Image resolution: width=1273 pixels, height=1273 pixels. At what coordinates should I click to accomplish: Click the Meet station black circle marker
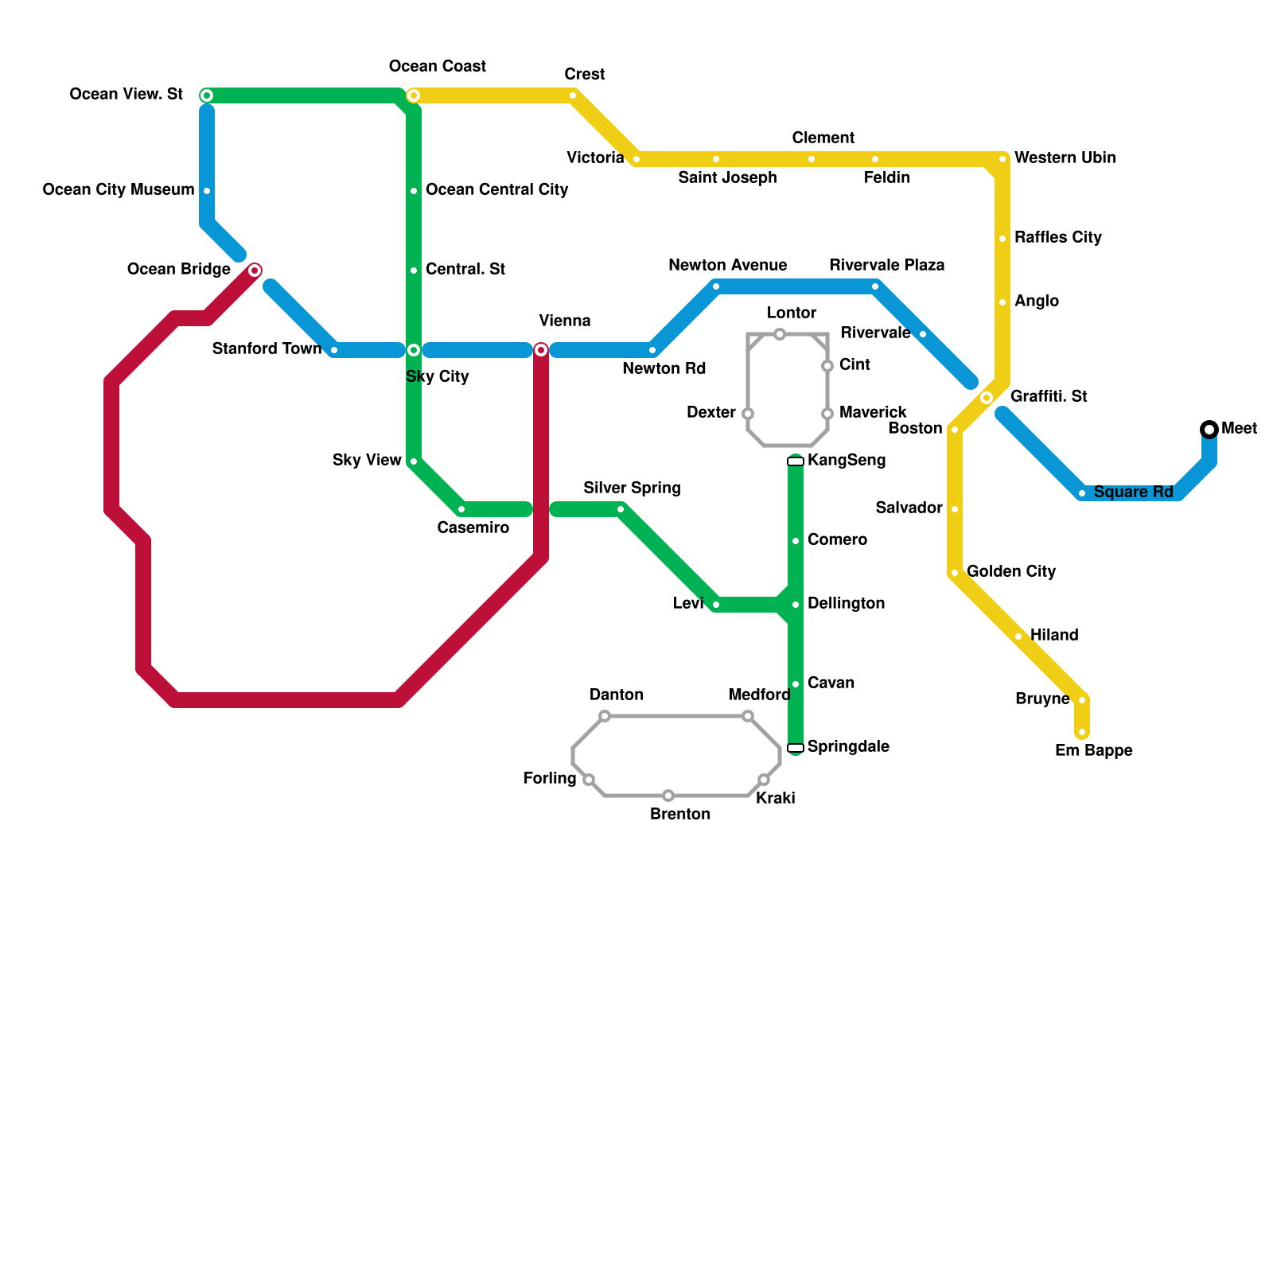(1209, 430)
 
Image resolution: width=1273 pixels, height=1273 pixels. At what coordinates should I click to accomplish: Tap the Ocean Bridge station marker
(255, 271)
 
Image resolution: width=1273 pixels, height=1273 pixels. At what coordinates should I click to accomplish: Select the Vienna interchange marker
(541, 350)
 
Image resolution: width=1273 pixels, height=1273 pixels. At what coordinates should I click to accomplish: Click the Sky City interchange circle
(414, 350)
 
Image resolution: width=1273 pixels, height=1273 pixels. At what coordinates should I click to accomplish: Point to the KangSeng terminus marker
(796, 461)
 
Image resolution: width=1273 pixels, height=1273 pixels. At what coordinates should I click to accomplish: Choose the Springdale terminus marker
(796, 748)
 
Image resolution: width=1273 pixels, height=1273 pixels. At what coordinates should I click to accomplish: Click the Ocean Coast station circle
(414, 95)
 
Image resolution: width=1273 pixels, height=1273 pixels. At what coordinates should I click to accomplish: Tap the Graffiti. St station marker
(987, 398)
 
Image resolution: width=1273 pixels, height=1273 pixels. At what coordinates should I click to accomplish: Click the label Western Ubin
(1065, 158)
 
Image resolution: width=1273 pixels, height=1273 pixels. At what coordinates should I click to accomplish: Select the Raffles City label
(1057, 237)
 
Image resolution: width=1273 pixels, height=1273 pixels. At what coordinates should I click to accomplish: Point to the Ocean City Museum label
(119, 189)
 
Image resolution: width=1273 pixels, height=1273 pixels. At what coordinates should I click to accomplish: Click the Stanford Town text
(267, 348)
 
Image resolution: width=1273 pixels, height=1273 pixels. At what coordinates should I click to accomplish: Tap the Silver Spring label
(632, 488)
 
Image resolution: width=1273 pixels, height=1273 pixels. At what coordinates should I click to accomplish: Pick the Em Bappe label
(1093, 750)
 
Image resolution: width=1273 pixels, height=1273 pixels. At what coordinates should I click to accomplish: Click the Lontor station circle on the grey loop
(780, 334)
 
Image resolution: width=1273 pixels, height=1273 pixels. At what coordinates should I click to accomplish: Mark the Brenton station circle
(668, 796)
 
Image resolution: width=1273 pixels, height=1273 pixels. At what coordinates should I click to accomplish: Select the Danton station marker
(605, 716)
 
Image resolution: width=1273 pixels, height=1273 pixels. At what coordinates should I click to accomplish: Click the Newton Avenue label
(727, 265)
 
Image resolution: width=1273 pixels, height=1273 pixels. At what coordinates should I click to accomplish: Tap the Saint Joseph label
(727, 177)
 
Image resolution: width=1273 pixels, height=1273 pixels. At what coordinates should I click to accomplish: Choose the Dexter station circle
(748, 414)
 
